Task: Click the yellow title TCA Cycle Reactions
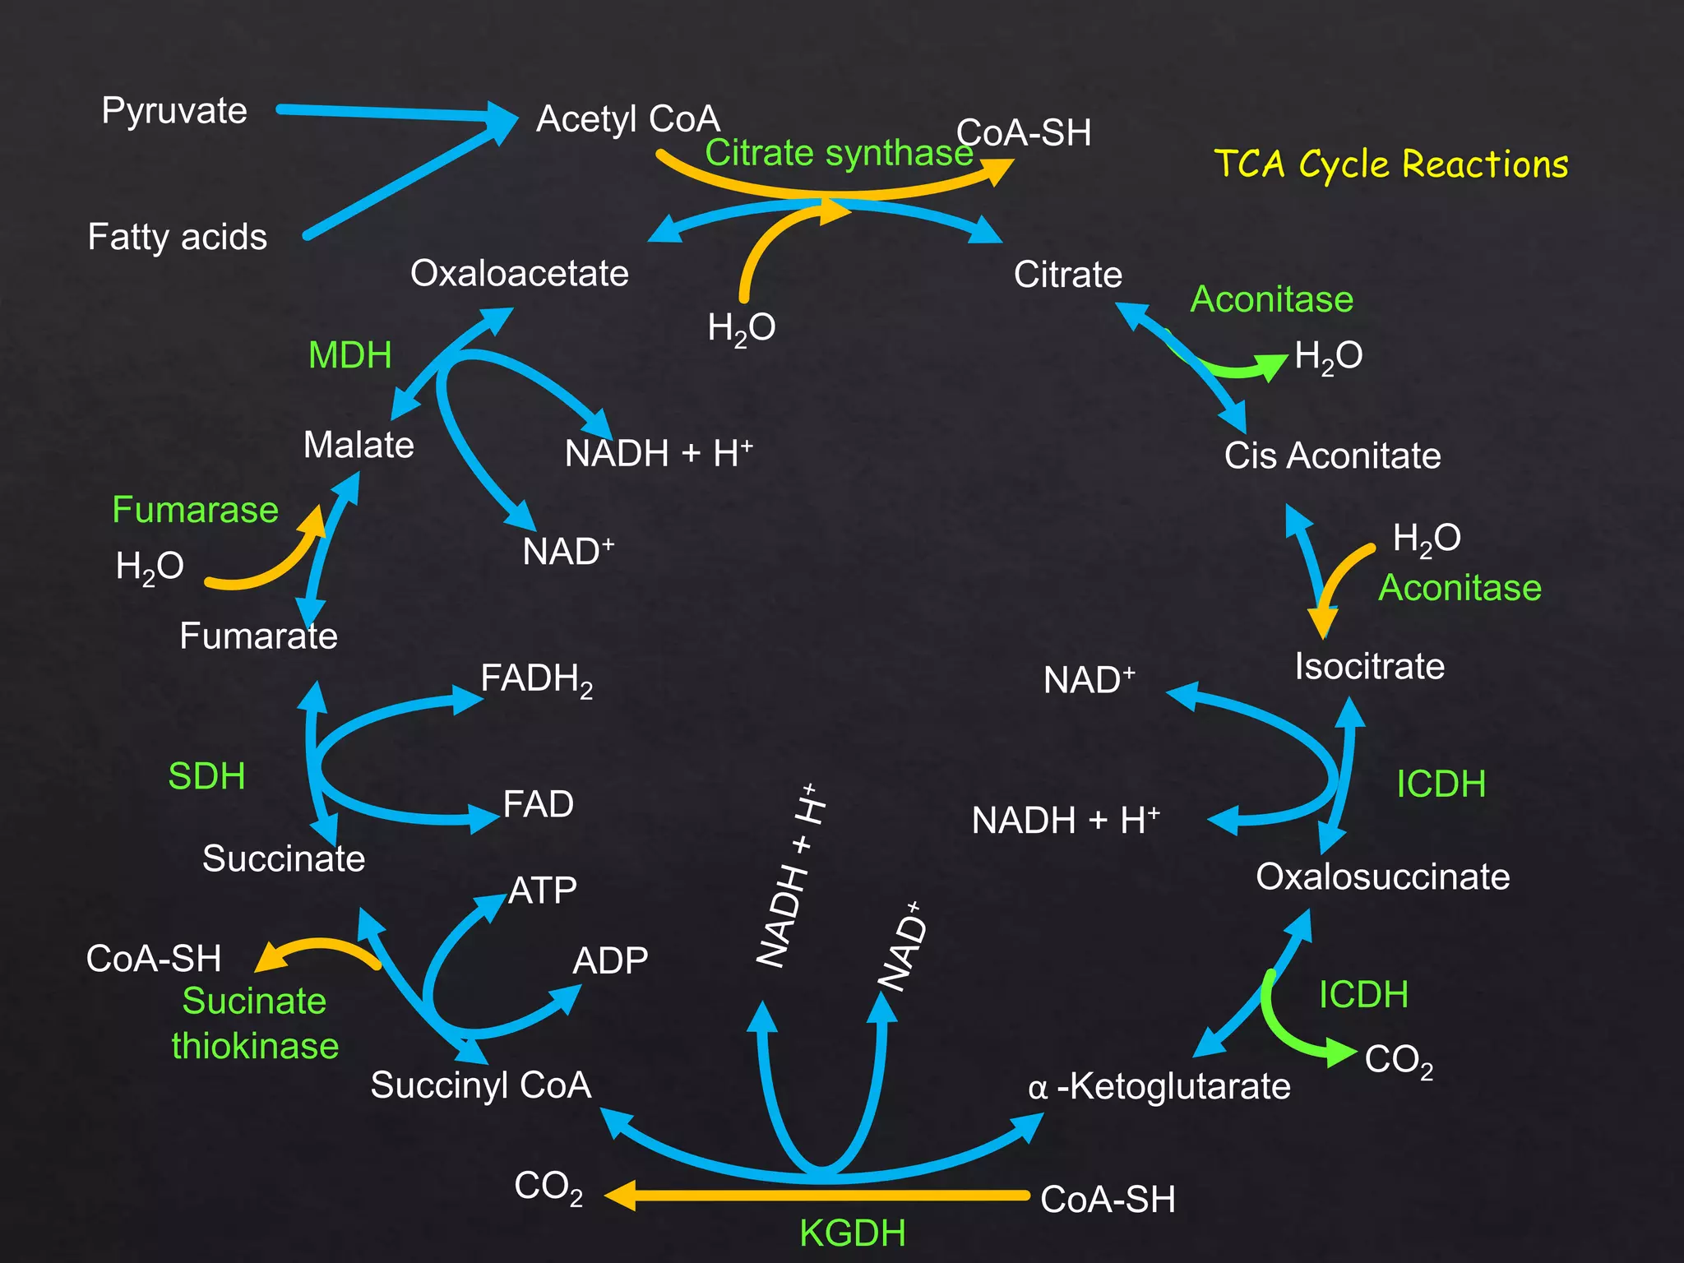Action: click(x=1390, y=164)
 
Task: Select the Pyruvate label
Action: click(x=174, y=111)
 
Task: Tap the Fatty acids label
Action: click(x=178, y=238)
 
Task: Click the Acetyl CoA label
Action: click(x=628, y=119)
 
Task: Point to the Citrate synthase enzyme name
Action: click(x=839, y=154)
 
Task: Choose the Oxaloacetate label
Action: click(x=520, y=274)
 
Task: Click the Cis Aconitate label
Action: click(x=1332, y=456)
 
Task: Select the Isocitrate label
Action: click(x=1369, y=667)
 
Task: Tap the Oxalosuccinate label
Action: click(x=1382, y=877)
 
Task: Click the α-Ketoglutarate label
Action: click(x=1159, y=1087)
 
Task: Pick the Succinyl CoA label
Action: click(x=481, y=1085)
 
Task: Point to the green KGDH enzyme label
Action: click(x=853, y=1233)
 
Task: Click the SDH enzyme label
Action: click(x=206, y=777)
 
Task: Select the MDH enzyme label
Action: click(x=349, y=356)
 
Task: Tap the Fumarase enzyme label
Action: click(x=195, y=511)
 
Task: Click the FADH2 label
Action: click(x=536, y=680)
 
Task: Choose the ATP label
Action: click(x=543, y=891)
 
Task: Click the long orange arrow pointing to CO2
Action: click(x=822, y=1195)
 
